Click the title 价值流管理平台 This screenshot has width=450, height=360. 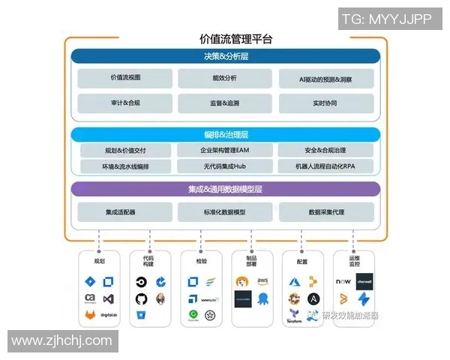[226, 39]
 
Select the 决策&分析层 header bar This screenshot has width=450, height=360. [226, 56]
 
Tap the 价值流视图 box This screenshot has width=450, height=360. [125, 78]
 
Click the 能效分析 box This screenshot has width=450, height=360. [225, 78]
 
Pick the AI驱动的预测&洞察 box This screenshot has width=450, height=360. [325, 78]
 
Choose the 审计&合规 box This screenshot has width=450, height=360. [125, 103]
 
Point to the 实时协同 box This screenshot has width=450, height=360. [325, 103]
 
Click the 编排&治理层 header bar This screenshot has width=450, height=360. [226, 135]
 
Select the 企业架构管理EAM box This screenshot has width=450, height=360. [225, 150]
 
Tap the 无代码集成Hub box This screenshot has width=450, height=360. [225, 166]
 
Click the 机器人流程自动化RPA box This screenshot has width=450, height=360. [325, 166]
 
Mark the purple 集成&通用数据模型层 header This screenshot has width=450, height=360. [226, 189]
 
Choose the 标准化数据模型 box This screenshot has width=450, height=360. [225, 212]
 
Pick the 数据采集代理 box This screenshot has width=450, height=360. [325, 212]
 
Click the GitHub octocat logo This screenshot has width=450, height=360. [141, 299]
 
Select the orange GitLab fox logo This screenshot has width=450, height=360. [90, 316]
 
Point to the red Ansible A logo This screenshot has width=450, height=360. [313, 298]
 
